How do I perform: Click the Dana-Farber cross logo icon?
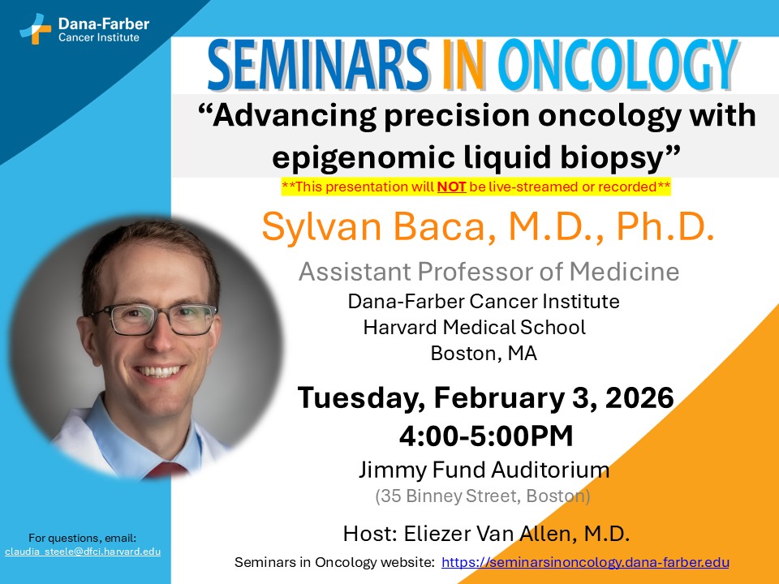tap(35, 28)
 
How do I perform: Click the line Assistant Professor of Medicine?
tap(488, 271)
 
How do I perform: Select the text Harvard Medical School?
tap(475, 327)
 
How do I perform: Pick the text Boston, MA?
tap(483, 353)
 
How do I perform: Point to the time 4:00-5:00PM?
tap(486, 436)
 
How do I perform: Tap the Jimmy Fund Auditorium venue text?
tap(484, 470)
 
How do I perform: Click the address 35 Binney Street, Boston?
tap(483, 495)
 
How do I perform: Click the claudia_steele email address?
tap(82, 552)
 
